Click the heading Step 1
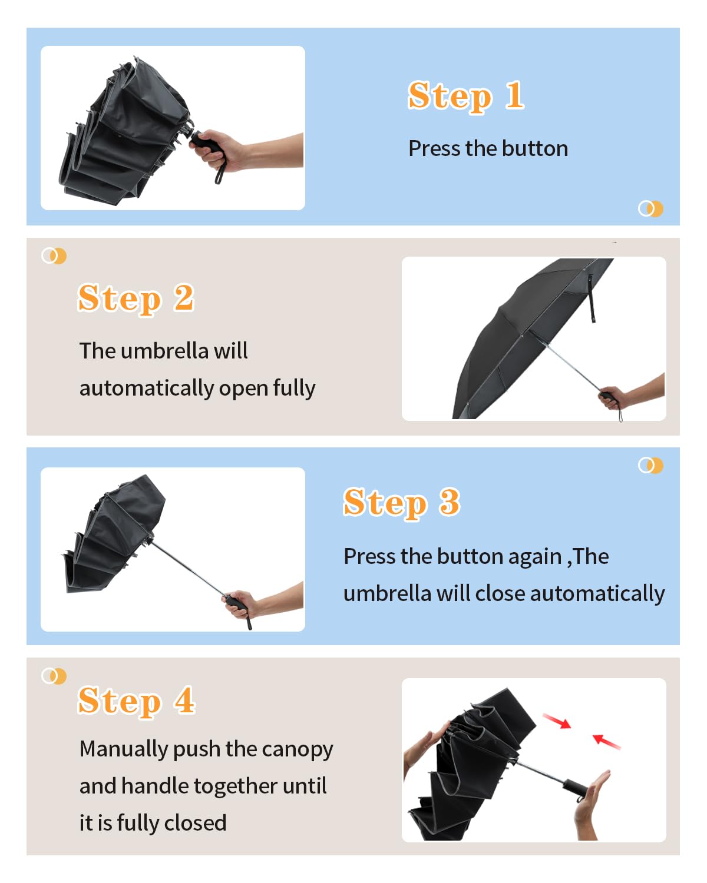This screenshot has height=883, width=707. coord(466,97)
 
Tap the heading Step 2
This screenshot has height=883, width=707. coord(136,298)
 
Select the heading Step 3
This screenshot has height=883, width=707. coord(402,503)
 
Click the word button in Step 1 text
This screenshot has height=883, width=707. coord(535,148)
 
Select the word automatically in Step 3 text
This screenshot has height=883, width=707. coord(597,594)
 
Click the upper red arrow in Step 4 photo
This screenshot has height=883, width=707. coord(557,721)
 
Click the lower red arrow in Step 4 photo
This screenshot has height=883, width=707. coord(606,741)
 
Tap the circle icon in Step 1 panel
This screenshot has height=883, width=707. coord(650,208)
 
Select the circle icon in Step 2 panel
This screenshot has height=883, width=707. coord(54,256)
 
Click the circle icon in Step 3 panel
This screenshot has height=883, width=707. coord(650,465)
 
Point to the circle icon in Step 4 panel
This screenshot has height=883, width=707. coord(54,676)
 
